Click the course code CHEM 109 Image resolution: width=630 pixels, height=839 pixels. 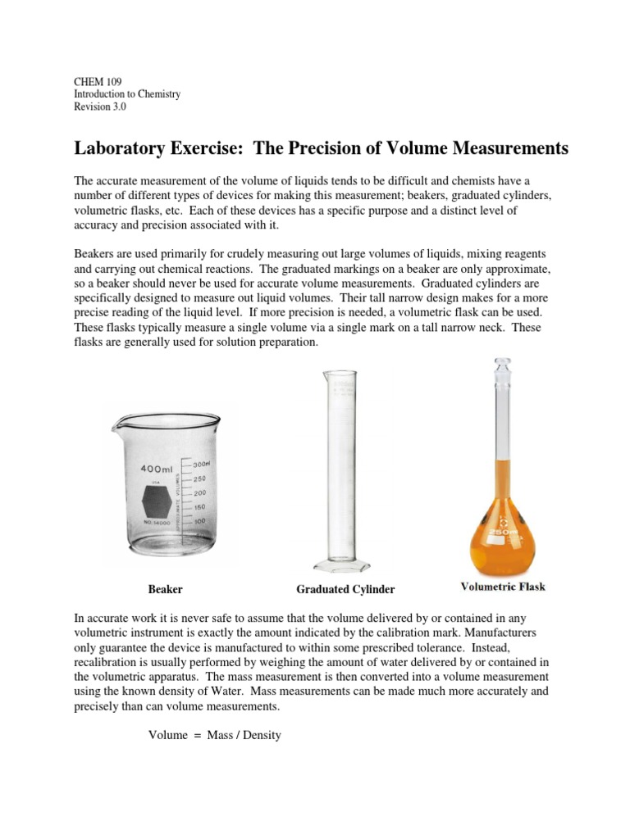[97, 81]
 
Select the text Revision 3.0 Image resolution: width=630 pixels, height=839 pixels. [100, 107]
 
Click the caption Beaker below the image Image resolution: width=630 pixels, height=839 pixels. [165, 589]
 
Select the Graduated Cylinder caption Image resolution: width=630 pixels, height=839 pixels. [345, 589]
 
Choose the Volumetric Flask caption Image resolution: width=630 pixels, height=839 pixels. [503, 587]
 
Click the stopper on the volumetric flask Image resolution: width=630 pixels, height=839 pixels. [501, 365]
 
